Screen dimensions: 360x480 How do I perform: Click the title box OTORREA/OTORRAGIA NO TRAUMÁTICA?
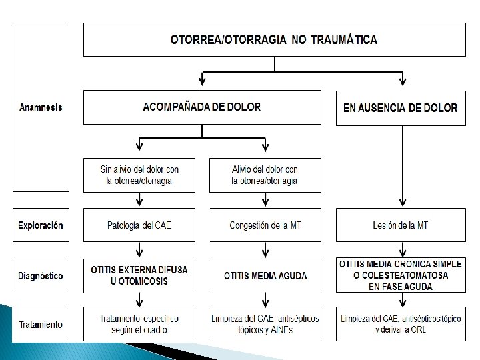pyautogui.click(x=273, y=39)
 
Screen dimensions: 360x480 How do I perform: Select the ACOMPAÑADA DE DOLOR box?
pyautogui.click(x=202, y=107)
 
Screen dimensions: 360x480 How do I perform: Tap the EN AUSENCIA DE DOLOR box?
pyautogui.click(x=400, y=107)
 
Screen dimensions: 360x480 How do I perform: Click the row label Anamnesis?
pyautogui.click(x=41, y=107)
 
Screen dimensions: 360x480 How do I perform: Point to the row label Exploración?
pyautogui.click(x=41, y=225)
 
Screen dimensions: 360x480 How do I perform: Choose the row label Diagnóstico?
pyautogui.click(x=41, y=275)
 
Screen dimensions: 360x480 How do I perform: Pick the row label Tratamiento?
pyautogui.click(x=41, y=325)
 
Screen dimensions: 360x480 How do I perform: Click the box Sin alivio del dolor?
pyautogui.click(x=139, y=175)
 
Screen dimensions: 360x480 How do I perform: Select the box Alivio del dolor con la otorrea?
pyautogui.click(x=265, y=175)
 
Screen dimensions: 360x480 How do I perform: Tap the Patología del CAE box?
pyautogui.click(x=139, y=225)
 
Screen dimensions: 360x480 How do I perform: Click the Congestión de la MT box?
pyautogui.click(x=265, y=225)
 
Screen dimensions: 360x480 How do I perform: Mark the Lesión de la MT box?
pyautogui.click(x=400, y=225)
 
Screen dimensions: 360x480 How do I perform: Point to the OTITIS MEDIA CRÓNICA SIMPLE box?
pyautogui.click(x=400, y=275)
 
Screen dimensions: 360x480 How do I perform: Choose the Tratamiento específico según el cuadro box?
pyautogui.click(x=139, y=324)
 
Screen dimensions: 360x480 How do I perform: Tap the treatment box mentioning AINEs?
pyautogui.click(x=265, y=324)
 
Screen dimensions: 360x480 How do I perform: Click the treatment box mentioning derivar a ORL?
pyautogui.click(x=400, y=324)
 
